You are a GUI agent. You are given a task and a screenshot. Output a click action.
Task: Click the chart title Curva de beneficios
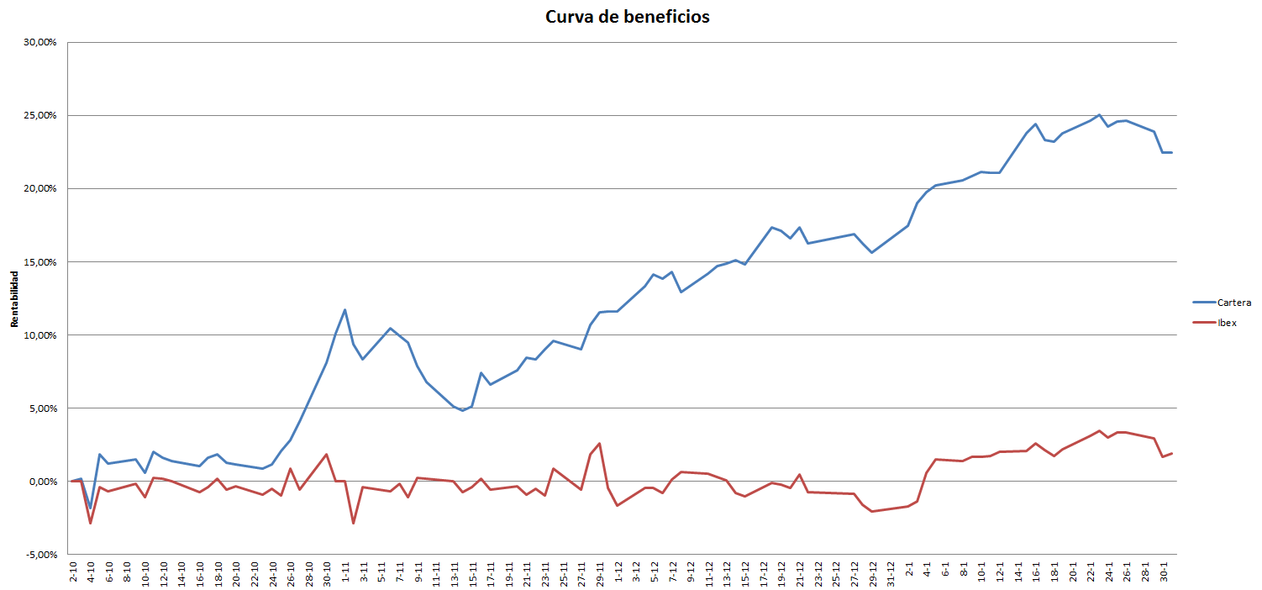click(627, 17)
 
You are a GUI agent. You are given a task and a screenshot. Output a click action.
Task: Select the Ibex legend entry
click(1214, 323)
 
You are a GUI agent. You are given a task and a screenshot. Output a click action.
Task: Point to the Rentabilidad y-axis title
click(14, 298)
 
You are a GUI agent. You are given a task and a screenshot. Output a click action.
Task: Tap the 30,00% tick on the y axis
click(40, 42)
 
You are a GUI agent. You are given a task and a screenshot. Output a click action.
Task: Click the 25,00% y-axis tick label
click(40, 115)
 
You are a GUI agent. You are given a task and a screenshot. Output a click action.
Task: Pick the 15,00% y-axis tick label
click(40, 262)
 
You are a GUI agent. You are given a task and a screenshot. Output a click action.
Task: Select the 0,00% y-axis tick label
click(42, 482)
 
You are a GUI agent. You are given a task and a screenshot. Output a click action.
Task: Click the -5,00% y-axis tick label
click(41, 555)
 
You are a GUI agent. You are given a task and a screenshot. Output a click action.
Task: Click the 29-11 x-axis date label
click(600, 574)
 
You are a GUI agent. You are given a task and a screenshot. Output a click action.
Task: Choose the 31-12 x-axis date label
click(891, 574)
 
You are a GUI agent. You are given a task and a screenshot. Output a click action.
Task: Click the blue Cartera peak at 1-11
click(344, 309)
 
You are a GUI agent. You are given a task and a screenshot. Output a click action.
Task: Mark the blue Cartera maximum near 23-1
click(1099, 115)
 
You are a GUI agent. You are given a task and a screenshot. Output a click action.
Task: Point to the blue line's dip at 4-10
click(90, 508)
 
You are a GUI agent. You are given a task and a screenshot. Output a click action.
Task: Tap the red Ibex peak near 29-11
click(599, 444)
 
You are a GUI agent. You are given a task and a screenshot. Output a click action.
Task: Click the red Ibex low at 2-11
click(353, 524)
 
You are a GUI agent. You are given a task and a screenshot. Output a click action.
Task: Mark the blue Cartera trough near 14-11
click(463, 410)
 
